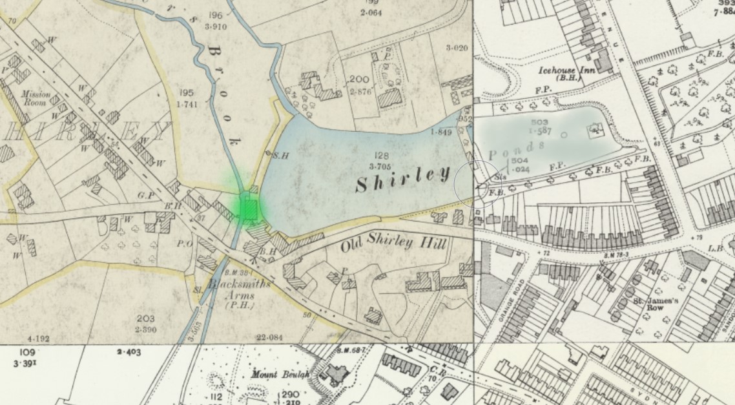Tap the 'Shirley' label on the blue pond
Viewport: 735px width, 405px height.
402,178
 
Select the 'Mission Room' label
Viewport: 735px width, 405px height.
36,98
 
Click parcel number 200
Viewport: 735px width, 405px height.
359,80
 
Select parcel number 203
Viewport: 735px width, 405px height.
145,318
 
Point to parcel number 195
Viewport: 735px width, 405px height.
187,93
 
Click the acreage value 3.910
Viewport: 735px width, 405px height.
216,27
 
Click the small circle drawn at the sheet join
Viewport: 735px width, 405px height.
478,184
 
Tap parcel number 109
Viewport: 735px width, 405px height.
26,353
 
